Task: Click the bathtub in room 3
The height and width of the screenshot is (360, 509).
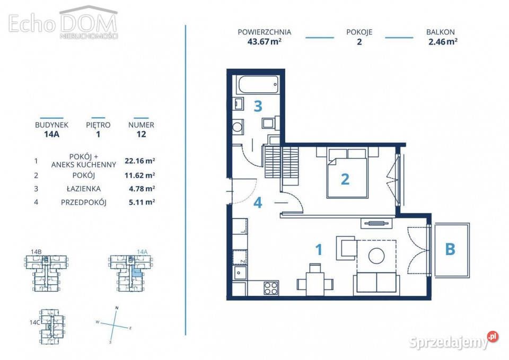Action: [258, 85]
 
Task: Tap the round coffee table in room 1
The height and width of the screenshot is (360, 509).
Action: [376, 256]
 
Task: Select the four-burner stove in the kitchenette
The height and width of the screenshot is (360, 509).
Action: [271, 287]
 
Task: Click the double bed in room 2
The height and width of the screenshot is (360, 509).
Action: [348, 173]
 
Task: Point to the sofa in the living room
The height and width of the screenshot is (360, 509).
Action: [376, 283]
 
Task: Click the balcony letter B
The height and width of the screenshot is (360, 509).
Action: [450, 249]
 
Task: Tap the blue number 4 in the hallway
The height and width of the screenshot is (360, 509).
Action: [258, 203]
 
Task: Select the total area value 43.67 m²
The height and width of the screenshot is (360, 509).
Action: [264, 41]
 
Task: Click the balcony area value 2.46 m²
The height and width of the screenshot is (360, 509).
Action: [443, 41]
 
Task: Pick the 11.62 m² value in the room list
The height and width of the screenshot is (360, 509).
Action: [139, 175]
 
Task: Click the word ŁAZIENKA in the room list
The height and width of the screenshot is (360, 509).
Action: [84, 189]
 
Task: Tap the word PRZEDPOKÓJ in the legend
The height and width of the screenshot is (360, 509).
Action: [84, 202]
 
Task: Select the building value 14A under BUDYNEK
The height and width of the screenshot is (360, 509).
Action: [51, 134]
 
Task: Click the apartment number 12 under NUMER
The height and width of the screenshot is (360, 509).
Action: [141, 134]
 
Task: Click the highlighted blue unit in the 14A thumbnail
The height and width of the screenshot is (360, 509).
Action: [137, 270]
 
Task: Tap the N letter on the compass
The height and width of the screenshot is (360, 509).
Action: [117, 308]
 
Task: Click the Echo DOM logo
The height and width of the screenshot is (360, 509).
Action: [63, 22]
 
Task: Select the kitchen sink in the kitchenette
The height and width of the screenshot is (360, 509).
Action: [240, 273]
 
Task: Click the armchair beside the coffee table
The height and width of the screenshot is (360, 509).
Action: [347, 248]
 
